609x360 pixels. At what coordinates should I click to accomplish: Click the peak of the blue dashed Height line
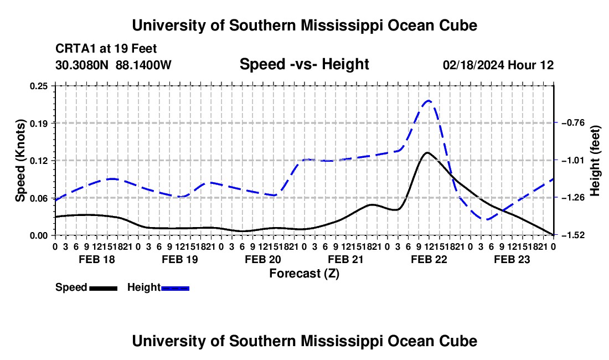point(429,101)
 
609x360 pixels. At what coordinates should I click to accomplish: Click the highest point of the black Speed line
point(427,153)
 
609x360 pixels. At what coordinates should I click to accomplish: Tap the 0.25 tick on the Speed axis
point(39,86)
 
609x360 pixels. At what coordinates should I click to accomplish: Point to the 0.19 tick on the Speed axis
point(39,124)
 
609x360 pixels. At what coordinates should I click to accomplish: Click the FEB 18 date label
point(97,260)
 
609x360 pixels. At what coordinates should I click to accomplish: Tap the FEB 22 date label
point(429,260)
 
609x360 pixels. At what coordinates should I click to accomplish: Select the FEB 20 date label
point(263,260)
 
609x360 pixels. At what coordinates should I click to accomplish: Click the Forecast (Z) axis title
point(304,274)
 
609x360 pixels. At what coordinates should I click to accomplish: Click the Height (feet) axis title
point(595,161)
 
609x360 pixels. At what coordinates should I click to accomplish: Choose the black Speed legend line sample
point(104,289)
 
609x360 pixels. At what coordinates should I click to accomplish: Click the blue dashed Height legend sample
point(175,289)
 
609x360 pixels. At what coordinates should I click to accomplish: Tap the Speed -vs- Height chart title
point(304,64)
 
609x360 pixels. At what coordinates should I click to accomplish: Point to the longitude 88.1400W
point(143,65)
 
